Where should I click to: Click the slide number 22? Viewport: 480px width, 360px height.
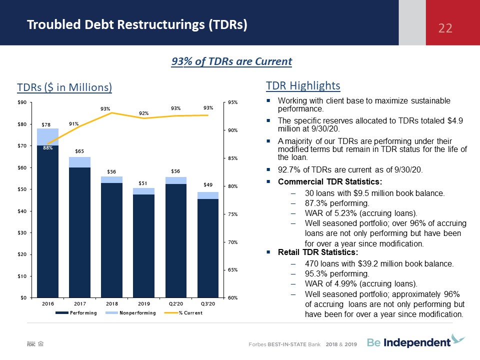(445, 28)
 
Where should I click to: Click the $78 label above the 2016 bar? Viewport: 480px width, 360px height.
(46, 124)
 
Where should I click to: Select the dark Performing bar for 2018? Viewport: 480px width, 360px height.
(111, 240)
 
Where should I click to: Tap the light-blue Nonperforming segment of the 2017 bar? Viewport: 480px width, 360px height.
(79, 162)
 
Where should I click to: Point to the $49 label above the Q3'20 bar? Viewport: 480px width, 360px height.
(208, 184)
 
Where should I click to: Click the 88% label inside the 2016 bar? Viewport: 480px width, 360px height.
(48, 148)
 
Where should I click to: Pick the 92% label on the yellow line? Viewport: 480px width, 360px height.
(143, 113)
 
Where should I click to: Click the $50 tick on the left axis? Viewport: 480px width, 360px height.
(22, 189)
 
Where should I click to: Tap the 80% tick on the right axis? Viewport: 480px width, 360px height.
(232, 186)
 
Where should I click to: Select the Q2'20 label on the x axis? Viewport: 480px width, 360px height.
(175, 303)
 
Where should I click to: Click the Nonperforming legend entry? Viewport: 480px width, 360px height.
(130, 313)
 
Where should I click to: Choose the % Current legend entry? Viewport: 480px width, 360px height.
(183, 313)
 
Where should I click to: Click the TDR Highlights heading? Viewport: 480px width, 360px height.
(303, 85)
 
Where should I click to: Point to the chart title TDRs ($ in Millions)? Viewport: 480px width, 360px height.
(64, 87)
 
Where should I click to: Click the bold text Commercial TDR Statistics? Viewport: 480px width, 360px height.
(330, 181)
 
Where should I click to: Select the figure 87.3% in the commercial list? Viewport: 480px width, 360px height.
(316, 203)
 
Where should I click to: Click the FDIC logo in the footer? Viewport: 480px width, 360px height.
(31, 344)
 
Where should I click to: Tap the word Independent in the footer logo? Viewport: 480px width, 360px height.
(417, 342)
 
